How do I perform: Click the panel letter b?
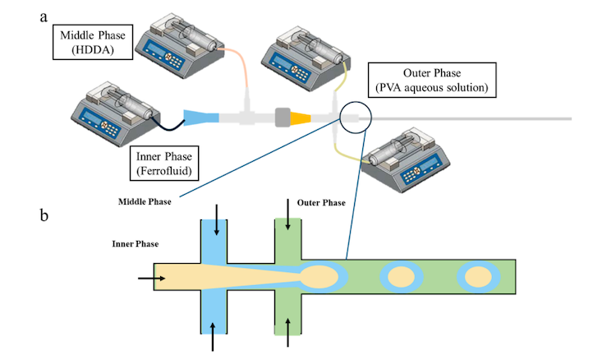click(46, 217)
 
